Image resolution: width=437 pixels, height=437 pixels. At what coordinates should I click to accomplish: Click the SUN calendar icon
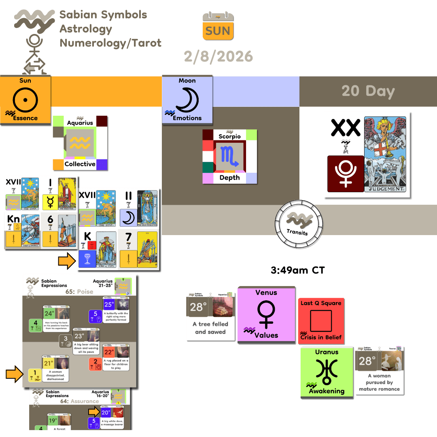[218, 26]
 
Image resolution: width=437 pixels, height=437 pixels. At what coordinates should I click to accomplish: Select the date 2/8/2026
[218, 56]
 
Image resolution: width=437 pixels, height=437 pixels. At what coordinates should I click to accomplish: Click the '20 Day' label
[368, 91]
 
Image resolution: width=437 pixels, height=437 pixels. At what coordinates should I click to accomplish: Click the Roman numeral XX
[345, 128]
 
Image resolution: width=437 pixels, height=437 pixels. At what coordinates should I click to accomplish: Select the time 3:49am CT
[297, 270]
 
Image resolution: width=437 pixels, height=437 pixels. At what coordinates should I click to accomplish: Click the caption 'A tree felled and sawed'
[210, 328]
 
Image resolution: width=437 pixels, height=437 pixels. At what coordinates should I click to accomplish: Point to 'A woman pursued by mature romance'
[379, 382]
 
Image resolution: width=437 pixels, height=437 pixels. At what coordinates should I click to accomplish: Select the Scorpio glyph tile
[229, 157]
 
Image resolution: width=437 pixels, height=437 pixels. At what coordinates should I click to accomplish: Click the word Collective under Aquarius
[80, 164]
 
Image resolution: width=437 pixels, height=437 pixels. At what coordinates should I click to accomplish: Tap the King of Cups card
[106, 249]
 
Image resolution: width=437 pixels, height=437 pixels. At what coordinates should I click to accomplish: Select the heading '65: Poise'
[79, 291]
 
